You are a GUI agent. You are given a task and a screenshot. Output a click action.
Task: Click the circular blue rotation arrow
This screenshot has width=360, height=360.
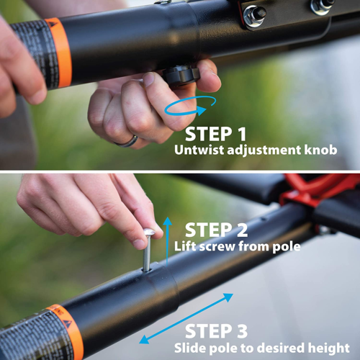click(x=189, y=108)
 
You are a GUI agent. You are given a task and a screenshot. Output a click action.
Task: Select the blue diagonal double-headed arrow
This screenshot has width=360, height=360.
click(x=188, y=318)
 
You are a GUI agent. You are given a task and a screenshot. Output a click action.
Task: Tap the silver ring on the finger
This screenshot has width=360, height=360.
click(x=127, y=139)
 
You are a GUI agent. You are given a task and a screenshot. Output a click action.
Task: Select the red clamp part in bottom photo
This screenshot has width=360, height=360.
click(x=317, y=189)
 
